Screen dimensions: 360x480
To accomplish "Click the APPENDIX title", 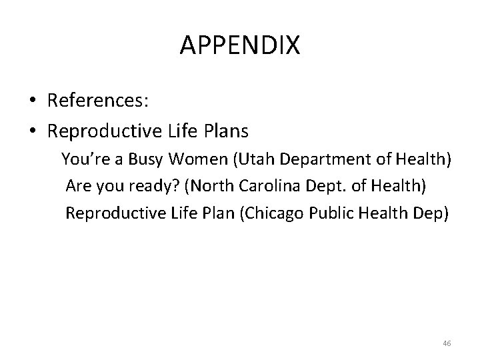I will (240, 46).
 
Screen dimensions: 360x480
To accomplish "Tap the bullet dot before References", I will (33, 101).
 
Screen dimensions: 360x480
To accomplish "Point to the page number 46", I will (447, 343).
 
